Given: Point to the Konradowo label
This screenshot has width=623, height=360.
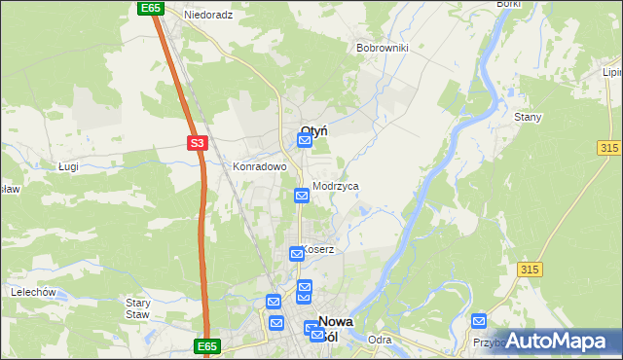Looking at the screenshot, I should pyautogui.click(x=259, y=166).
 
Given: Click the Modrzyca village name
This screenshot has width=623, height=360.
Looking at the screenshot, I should pyautogui.click(x=336, y=186).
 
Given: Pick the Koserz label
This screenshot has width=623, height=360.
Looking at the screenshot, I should pyautogui.click(x=319, y=249).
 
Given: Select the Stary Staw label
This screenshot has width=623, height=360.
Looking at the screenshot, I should pyautogui.click(x=138, y=308).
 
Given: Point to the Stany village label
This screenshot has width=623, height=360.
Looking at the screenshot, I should pyautogui.click(x=528, y=117).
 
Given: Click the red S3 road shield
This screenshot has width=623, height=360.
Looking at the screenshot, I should pyautogui.click(x=198, y=143).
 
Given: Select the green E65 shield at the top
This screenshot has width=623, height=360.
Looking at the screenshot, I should pyautogui.click(x=150, y=8).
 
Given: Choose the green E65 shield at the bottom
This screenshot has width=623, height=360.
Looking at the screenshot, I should pyautogui.click(x=206, y=345).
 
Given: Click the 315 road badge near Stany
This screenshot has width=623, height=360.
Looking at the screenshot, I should pyautogui.click(x=610, y=146).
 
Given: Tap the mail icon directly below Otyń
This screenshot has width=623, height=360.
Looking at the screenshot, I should pyautogui.click(x=305, y=142).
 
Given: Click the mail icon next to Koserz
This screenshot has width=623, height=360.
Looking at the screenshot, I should pyautogui.click(x=297, y=254).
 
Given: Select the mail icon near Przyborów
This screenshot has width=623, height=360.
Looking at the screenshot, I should pyautogui.click(x=479, y=321).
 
